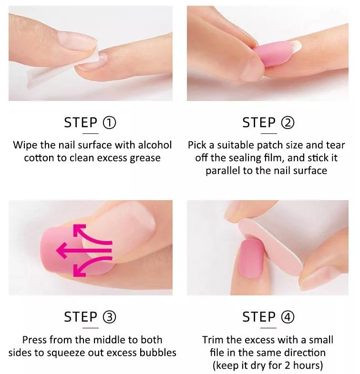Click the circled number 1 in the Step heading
[x=109, y=122]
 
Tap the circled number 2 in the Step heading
[x=288, y=122]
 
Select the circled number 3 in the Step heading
[x=109, y=317]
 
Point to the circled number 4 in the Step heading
[x=288, y=317]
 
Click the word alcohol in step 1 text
[x=155, y=145]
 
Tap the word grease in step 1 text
[x=145, y=158]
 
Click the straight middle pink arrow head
[x=62, y=251]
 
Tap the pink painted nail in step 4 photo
[x=251, y=259]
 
